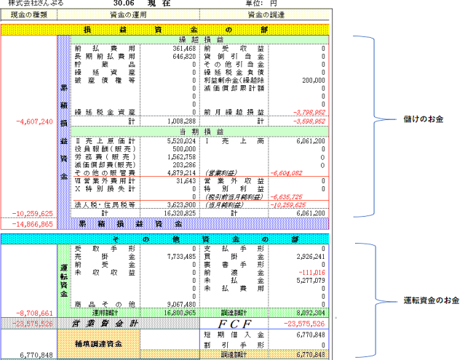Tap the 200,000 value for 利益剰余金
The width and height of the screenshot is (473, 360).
coord(311,80)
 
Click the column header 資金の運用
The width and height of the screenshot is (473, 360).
coord(127,14)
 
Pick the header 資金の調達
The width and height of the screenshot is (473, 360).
coord(265,14)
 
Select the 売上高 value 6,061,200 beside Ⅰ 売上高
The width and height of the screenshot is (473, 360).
coord(309,141)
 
